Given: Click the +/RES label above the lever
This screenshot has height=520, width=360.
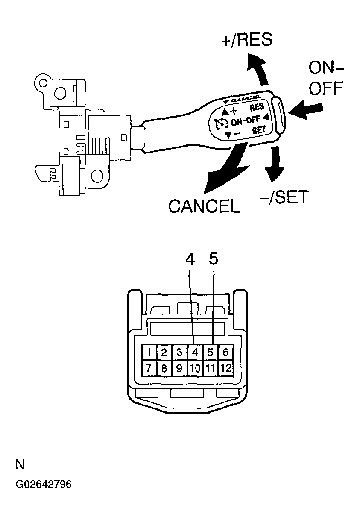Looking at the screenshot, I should click(x=247, y=40).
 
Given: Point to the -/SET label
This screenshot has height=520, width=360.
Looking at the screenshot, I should click(x=284, y=197).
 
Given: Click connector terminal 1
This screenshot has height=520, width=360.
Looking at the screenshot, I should click(x=149, y=353).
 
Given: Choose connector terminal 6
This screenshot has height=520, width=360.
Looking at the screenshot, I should click(x=225, y=353).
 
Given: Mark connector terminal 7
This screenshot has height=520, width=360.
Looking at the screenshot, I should click(x=149, y=368).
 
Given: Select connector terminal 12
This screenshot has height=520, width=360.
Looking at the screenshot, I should click(x=225, y=368).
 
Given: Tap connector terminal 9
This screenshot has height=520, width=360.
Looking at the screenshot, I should click(x=179, y=368).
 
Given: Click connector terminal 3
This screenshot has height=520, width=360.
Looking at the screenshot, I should click(x=179, y=353).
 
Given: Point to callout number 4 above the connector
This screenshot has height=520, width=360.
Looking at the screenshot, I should click(x=190, y=259).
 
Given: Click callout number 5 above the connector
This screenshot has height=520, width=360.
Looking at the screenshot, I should click(x=214, y=259).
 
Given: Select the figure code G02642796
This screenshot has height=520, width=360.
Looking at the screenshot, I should click(x=44, y=485).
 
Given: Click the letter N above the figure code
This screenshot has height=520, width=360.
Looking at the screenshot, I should click(x=20, y=464).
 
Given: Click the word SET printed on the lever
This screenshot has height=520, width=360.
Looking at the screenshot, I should click(x=259, y=130).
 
